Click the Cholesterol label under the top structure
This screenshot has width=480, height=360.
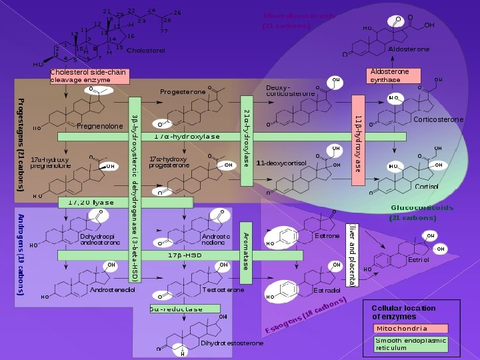point(145,50)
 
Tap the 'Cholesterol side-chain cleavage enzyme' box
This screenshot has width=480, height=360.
point(89,76)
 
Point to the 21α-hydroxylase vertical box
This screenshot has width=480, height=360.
point(246,137)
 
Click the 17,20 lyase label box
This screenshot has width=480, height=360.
point(91,202)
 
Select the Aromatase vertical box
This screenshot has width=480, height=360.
point(245,251)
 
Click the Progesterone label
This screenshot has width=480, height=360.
point(182,91)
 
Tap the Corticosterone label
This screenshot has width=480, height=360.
point(438,120)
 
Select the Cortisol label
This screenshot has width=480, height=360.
point(427,187)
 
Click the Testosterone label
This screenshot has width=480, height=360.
point(223,291)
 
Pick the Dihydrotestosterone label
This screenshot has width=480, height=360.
point(231,343)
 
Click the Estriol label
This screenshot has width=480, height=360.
point(419,259)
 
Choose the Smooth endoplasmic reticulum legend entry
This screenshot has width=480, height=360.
point(410,344)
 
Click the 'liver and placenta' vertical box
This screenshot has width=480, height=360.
point(352,255)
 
